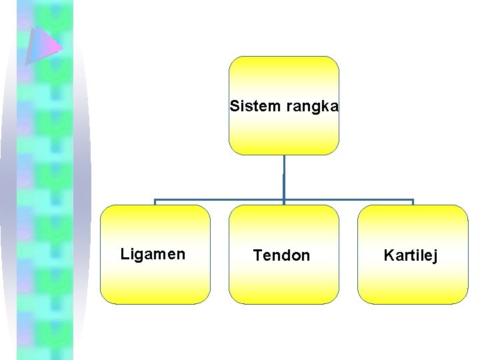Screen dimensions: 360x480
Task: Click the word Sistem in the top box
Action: [x=248, y=106]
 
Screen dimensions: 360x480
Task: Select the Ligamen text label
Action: [x=153, y=254]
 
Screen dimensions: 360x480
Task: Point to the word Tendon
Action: [x=281, y=255]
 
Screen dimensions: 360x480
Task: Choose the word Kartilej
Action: [x=411, y=255]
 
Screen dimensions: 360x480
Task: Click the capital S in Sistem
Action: [x=234, y=106]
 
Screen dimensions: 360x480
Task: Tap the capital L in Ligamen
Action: [x=124, y=254]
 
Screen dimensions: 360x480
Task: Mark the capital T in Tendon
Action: [x=257, y=255]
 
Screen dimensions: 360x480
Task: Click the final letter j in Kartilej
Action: [x=435, y=257]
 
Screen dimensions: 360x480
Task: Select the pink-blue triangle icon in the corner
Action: [x=41, y=45]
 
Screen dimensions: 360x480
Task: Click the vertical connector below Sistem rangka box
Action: [x=284, y=177]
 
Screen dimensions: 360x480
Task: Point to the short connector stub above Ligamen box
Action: [x=155, y=202]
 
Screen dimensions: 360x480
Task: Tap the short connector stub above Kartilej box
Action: [x=413, y=202]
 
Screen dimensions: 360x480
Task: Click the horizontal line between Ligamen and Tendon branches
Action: [x=220, y=199]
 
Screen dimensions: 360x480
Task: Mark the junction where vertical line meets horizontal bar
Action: [x=284, y=199]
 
